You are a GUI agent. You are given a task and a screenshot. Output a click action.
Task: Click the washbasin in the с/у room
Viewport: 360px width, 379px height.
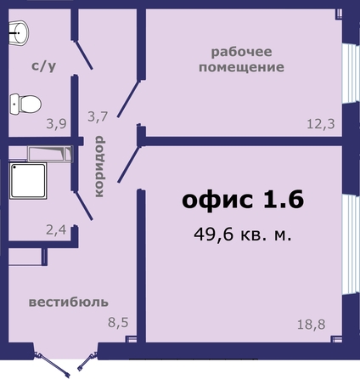coord(19,33)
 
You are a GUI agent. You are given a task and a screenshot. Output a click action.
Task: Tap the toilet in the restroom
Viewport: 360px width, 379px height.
coord(25,105)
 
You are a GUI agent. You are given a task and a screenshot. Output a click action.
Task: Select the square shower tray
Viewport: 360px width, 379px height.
coord(28,180)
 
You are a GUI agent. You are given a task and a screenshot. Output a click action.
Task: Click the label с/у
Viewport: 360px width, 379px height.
coord(43,66)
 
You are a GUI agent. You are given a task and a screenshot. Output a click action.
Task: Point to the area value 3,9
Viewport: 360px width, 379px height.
coord(57,124)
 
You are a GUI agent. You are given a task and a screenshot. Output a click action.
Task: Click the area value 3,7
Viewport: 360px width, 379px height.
coord(98,116)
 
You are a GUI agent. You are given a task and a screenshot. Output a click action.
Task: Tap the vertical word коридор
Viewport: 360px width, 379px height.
coord(99,167)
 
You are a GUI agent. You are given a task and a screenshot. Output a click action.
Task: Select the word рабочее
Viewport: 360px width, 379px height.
coord(241,53)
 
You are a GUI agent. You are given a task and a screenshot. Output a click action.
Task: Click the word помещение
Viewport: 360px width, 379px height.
coord(241,67)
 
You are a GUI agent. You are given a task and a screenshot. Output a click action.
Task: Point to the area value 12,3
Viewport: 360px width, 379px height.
coord(321,124)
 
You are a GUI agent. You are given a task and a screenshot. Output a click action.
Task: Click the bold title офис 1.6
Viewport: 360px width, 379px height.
coord(243,200)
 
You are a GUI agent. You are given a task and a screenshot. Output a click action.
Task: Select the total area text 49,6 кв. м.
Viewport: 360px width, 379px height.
coord(243,235)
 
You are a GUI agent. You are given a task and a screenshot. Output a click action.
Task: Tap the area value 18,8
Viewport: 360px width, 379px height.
coord(312,324)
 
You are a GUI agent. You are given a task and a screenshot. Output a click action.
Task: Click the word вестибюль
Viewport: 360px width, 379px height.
coord(69,303)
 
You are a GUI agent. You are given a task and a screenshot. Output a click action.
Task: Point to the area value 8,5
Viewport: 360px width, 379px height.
coord(118,322)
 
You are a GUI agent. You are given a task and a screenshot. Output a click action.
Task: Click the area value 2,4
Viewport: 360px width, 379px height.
coord(56,229)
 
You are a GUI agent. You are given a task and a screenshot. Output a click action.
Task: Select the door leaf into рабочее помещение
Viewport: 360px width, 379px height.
coord(129,99)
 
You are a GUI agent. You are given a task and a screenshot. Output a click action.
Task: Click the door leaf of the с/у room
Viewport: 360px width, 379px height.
coord(83,55)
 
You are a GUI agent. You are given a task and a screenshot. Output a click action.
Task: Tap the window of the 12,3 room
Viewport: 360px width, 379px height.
coord(351,73)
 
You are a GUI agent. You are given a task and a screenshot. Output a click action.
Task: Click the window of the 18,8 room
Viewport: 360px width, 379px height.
coord(351,245)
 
